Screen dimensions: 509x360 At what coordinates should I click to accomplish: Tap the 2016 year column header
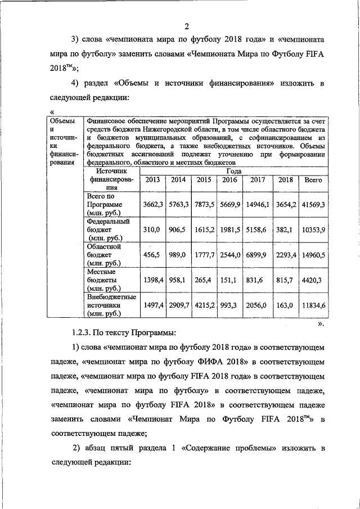(x=230, y=180)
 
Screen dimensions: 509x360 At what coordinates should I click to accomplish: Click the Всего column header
(x=313, y=180)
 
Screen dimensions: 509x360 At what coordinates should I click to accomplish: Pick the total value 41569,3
(x=313, y=205)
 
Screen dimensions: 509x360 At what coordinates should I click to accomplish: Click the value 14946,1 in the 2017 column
(x=258, y=205)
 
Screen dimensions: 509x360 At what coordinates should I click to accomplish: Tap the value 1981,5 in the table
(x=230, y=230)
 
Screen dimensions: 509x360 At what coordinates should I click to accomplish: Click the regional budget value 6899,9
(x=258, y=255)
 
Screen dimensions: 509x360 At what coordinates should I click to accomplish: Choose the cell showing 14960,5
(x=313, y=255)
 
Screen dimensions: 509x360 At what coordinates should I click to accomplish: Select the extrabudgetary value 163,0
(x=285, y=305)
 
